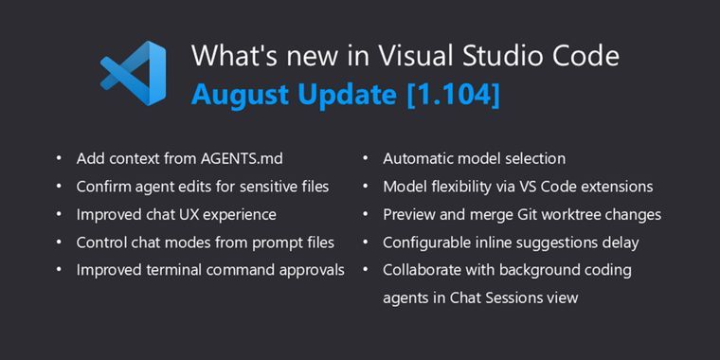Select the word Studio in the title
tap(494, 56)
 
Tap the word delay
tap(619, 243)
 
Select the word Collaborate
tap(423, 270)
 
